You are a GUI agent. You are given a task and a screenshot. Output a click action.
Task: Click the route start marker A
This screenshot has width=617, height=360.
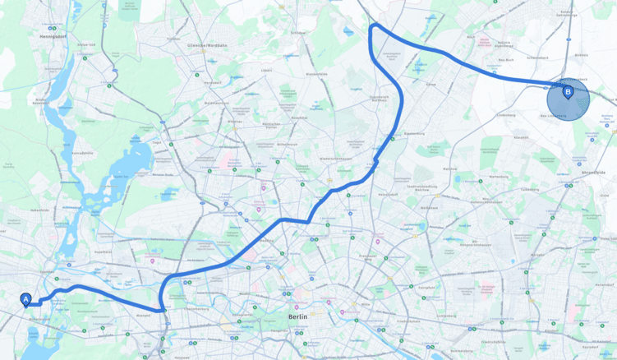25,300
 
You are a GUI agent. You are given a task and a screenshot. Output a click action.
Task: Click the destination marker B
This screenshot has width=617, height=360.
568,92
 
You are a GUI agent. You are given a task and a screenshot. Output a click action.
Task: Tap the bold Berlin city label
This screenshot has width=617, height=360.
298,316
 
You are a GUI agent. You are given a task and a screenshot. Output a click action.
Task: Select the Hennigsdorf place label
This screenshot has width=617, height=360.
53,37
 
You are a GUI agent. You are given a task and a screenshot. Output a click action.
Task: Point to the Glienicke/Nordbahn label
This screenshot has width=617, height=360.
206,45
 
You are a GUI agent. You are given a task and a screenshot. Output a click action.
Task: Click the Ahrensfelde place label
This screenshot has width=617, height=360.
593,173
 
